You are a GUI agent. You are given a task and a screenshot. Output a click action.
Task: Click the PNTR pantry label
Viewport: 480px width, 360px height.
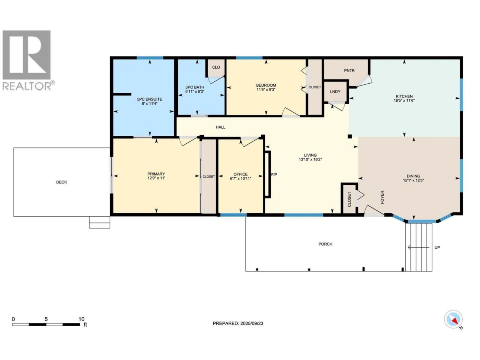pyautogui.click(x=349, y=70)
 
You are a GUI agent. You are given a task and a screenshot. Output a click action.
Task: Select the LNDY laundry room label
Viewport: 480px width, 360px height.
pyautogui.click(x=335, y=91)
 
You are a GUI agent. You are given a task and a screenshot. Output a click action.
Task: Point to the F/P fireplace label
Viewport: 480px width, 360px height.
pyautogui.click(x=274, y=175)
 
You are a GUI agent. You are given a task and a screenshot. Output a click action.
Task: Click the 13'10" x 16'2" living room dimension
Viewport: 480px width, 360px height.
pyautogui.click(x=310, y=160)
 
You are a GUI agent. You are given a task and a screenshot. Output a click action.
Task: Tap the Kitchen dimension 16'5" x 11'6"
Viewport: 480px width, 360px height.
pyautogui.click(x=404, y=100)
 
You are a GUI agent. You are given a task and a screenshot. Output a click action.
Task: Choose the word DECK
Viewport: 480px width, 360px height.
pyautogui.click(x=61, y=182)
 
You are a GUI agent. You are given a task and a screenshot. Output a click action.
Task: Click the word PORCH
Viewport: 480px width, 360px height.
pyautogui.click(x=325, y=244)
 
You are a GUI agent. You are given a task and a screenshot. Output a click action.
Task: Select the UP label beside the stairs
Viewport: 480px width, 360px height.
pyautogui.click(x=437, y=247)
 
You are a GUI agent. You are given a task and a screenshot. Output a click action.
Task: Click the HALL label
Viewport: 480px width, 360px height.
pyautogui.click(x=220, y=127)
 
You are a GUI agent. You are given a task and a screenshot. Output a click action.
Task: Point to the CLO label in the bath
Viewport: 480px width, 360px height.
pyautogui.click(x=216, y=67)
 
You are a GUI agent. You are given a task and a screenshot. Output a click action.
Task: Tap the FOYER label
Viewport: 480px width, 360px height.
pyautogui.click(x=382, y=197)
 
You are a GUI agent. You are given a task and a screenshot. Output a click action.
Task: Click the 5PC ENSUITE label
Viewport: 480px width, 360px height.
pyautogui.click(x=150, y=99)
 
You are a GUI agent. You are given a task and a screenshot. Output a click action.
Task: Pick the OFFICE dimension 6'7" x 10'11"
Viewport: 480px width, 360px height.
pyautogui.click(x=240, y=178)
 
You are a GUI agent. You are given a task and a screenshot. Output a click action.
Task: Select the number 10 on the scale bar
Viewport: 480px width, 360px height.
pyautogui.click(x=81, y=319)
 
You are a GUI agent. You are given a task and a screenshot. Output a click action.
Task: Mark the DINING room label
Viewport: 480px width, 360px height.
pyautogui.click(x=413, y=176)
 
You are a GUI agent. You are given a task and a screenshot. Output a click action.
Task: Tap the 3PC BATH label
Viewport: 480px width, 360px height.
pyautogui.click(x=195, y=87)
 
